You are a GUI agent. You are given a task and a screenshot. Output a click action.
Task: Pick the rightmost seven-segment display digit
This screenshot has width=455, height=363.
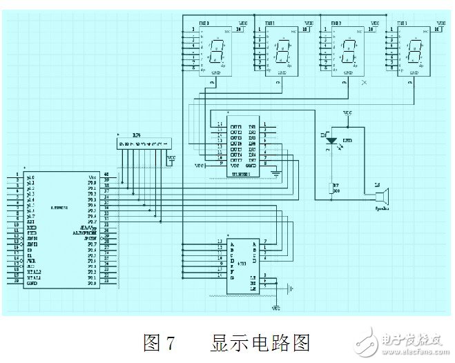415,50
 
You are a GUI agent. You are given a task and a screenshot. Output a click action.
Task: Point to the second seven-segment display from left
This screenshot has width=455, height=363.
281,50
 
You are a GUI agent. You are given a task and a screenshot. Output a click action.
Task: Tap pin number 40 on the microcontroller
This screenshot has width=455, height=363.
106,175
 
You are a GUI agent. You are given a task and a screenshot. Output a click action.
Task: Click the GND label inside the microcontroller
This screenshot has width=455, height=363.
32,284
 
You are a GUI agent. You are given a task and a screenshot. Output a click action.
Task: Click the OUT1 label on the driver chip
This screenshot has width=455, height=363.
236,127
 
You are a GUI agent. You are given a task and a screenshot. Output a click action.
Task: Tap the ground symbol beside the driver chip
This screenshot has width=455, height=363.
276,173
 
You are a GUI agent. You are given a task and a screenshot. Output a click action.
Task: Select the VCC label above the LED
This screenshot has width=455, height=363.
347,112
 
